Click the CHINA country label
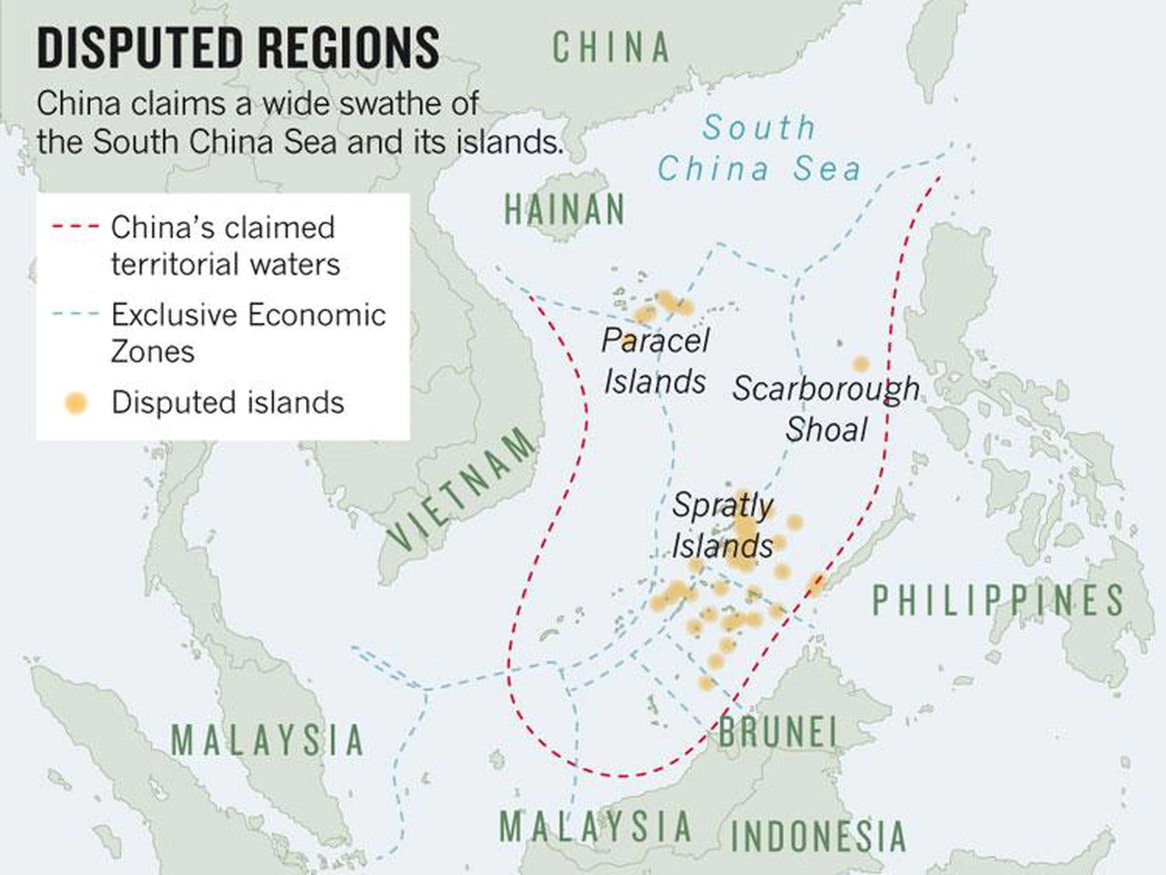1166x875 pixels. (612, 48)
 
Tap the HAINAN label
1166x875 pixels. (565, 210)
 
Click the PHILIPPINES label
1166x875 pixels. (998, 600)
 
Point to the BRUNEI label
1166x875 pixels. (778, 732)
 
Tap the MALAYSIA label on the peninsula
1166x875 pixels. (268, 740)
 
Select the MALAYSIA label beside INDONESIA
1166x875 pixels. (595, 826)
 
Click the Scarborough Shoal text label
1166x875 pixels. (826, 408)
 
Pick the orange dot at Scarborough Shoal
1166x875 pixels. (860, 364)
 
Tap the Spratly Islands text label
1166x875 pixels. (722, 526)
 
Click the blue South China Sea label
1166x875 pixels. (759, 148)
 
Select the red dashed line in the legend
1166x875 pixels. (75, 227)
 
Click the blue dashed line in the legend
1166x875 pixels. (75, 314)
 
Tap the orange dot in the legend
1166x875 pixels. (76, 403)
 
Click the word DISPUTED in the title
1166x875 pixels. (140, 48)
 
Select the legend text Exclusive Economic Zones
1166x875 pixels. (248, 332)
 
